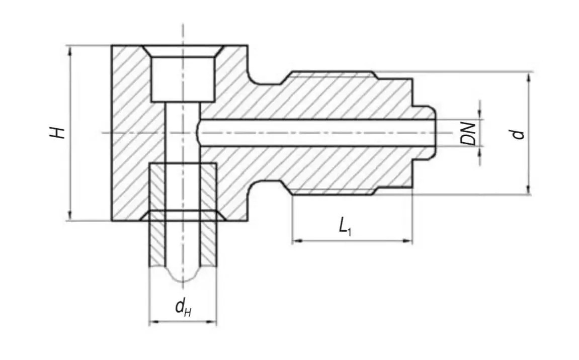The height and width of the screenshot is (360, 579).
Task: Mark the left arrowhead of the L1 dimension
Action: (296, 241)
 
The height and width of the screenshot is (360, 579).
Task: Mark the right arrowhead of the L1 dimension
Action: (408, 241)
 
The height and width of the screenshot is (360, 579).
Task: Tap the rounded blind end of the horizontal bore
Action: (199, 133)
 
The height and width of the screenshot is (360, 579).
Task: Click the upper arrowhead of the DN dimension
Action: (480, 116)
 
